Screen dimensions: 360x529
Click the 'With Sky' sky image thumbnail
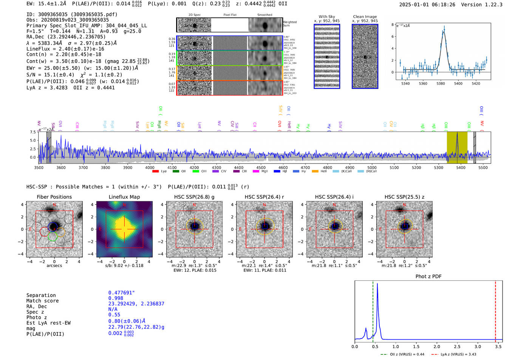tap(327, 56)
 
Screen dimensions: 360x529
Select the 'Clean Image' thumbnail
tap(365, 56)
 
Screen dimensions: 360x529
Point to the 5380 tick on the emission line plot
tap(441, 83)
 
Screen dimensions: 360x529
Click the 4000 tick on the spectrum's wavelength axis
tap(150, 168)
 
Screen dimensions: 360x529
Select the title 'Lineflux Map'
tap(124, 197)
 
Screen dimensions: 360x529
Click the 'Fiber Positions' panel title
tap(54, 197)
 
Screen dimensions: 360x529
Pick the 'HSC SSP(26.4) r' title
tap(264, 197)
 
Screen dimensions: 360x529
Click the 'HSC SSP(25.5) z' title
tap(404, 197)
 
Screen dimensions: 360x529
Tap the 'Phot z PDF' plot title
tap(428, 277)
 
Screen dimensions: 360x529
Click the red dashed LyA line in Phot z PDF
tap(495, 310)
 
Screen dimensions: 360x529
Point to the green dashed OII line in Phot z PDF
tap(373, 310)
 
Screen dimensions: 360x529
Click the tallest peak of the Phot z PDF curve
tap(377, 284)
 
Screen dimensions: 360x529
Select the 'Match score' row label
tap(42, 301)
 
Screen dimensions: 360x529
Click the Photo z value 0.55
tap(114, 315)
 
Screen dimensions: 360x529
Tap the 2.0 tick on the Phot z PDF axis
tap(437, 346)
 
